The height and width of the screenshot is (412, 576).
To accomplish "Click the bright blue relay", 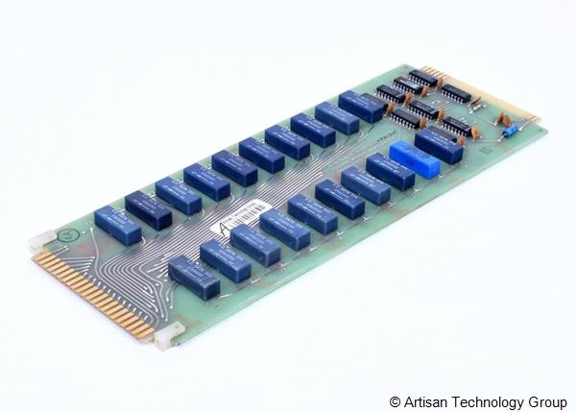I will [415, 159].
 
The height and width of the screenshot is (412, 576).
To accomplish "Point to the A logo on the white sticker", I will [223, 228].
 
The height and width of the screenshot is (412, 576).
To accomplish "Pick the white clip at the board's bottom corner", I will [169, 334].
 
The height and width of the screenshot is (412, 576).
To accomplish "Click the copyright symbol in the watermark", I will [395, 400].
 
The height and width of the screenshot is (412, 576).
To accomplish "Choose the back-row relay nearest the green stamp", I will [117, 226].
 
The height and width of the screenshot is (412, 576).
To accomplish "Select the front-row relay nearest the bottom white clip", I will [193, 277].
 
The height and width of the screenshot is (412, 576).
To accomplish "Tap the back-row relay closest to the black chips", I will [361, 106].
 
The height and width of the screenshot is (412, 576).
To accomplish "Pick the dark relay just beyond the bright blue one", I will [439, 145].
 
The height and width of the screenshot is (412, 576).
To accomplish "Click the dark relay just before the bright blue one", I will [390, 172].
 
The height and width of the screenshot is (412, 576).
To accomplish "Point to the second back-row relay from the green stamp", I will [148, 209].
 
